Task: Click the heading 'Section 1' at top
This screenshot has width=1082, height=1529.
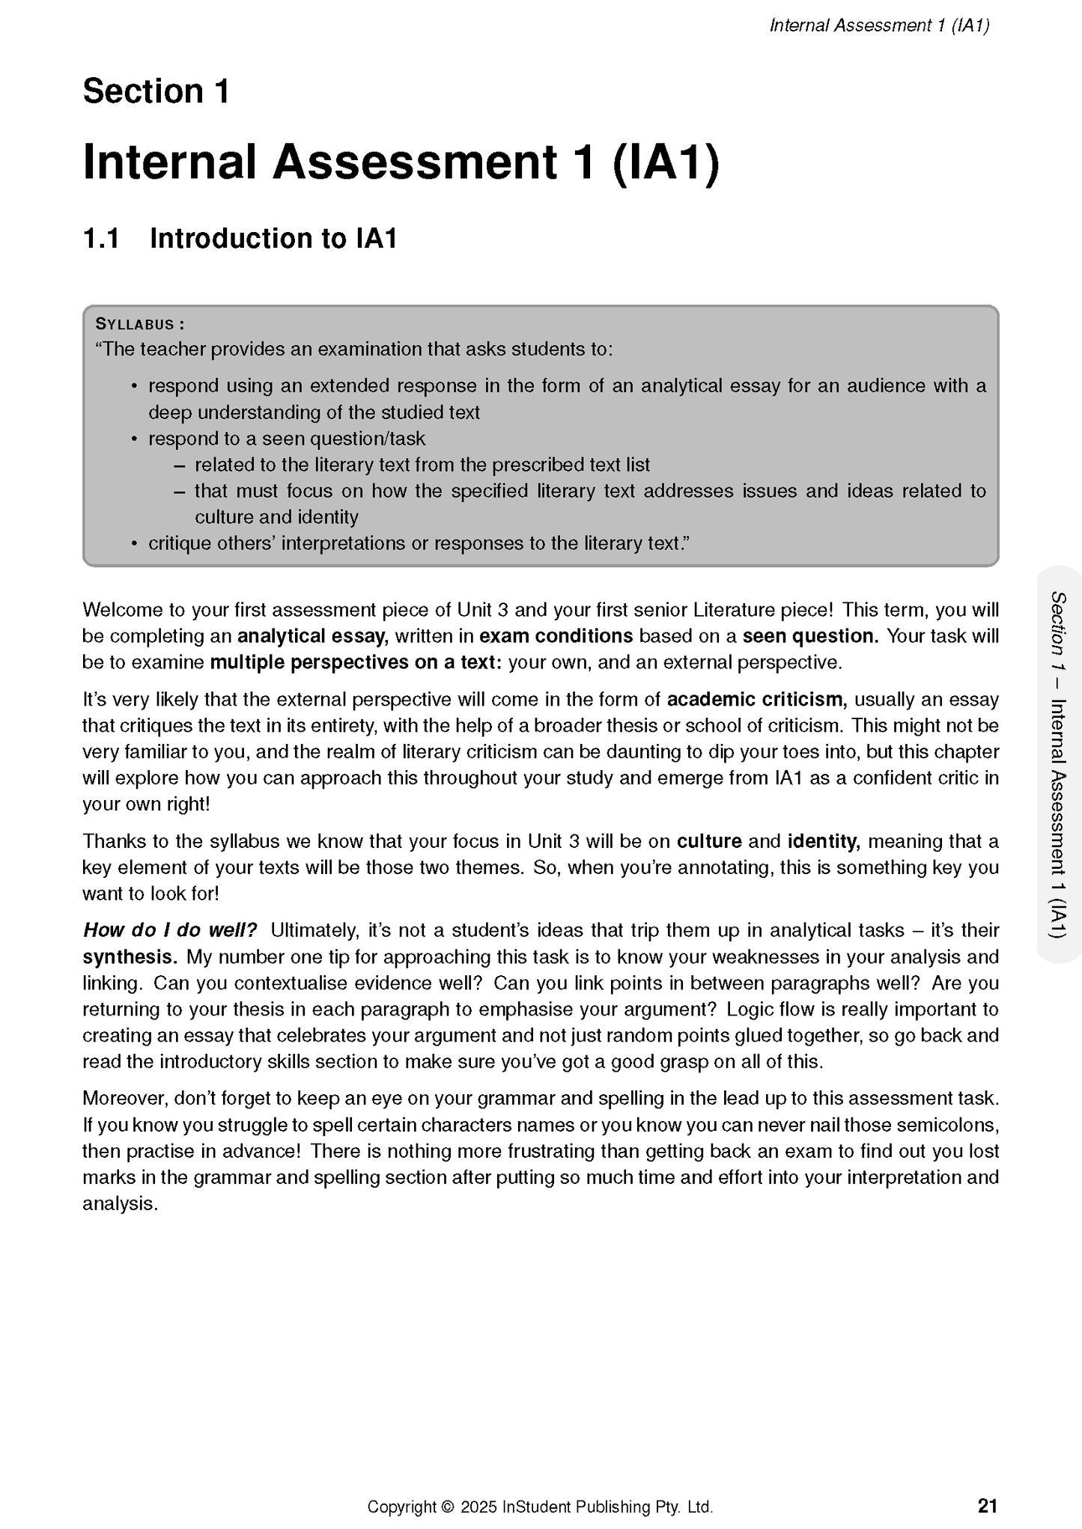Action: (156, 92)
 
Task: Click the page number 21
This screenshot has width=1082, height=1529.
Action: (988, 1506)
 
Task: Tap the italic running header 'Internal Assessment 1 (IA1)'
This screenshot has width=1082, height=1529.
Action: (879, 26)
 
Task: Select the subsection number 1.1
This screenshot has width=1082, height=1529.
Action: (101, 239)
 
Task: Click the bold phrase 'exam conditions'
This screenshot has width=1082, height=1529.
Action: (556, 637)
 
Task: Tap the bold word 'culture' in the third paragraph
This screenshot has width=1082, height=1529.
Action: (708, 841)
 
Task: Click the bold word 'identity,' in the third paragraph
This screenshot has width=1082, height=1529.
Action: (823, 841)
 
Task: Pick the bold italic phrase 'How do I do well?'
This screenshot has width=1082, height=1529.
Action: (170, 930)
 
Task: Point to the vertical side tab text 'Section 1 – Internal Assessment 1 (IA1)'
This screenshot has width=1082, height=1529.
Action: (1058, 763)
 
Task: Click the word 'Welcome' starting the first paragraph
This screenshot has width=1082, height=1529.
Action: (117, 610)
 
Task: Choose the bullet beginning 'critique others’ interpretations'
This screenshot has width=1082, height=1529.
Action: (417, 543)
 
